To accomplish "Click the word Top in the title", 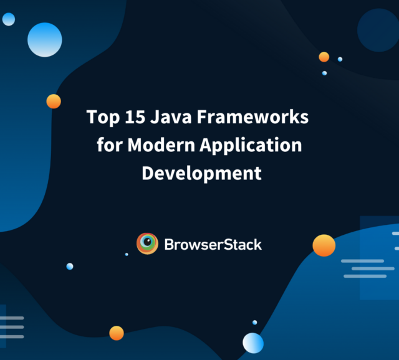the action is point(103,118).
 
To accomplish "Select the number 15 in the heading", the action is point(135,116).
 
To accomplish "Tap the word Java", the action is point(170,116).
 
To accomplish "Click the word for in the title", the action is point(110,144).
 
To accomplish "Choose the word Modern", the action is point(161,145).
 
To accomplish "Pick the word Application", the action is point(251,145).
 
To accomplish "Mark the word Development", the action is point(201,173).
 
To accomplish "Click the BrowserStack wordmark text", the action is point(213,245).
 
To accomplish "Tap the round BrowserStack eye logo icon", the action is point(147,244).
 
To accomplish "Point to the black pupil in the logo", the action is point(147,241).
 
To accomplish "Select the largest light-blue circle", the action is point(45,40).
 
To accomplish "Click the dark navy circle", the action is point(378,30).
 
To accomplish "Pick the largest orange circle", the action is point(324,245).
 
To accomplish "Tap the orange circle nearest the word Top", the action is point(54,101).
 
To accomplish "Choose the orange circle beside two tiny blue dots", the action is point(324,57).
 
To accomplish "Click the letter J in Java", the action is point(154,117).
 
